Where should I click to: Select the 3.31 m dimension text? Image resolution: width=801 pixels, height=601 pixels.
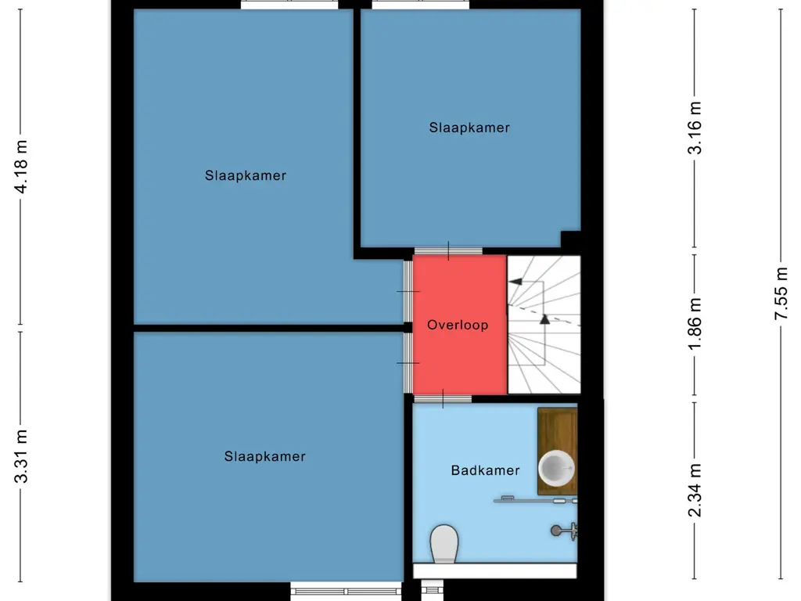[x=23, y=457]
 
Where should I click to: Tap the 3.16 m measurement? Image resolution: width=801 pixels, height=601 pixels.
[x=695, y=127]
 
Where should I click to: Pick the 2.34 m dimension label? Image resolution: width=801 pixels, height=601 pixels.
[x=695, y=491]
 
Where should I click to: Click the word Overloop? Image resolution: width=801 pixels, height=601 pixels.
[x=458, y=325]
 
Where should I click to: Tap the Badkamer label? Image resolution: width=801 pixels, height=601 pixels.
[x=485, y=470]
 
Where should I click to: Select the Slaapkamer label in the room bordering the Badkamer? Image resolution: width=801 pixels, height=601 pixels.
[x=264, y=456]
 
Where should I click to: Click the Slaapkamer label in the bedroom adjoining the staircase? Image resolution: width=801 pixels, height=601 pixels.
[x=469, y=128]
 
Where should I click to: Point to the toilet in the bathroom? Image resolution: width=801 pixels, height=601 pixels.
[x=444, y=542]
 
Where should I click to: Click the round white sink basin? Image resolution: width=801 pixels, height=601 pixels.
[x=556, y=468]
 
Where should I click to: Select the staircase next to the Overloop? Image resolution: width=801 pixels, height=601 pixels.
[x=544, y=325]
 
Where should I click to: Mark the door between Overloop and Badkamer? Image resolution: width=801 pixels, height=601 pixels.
[x=442, y=399]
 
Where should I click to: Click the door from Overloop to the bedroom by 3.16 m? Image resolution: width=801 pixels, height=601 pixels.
[x=448, y=251]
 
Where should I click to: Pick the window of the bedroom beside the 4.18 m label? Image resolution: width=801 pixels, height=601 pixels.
[x=289, y=5]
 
